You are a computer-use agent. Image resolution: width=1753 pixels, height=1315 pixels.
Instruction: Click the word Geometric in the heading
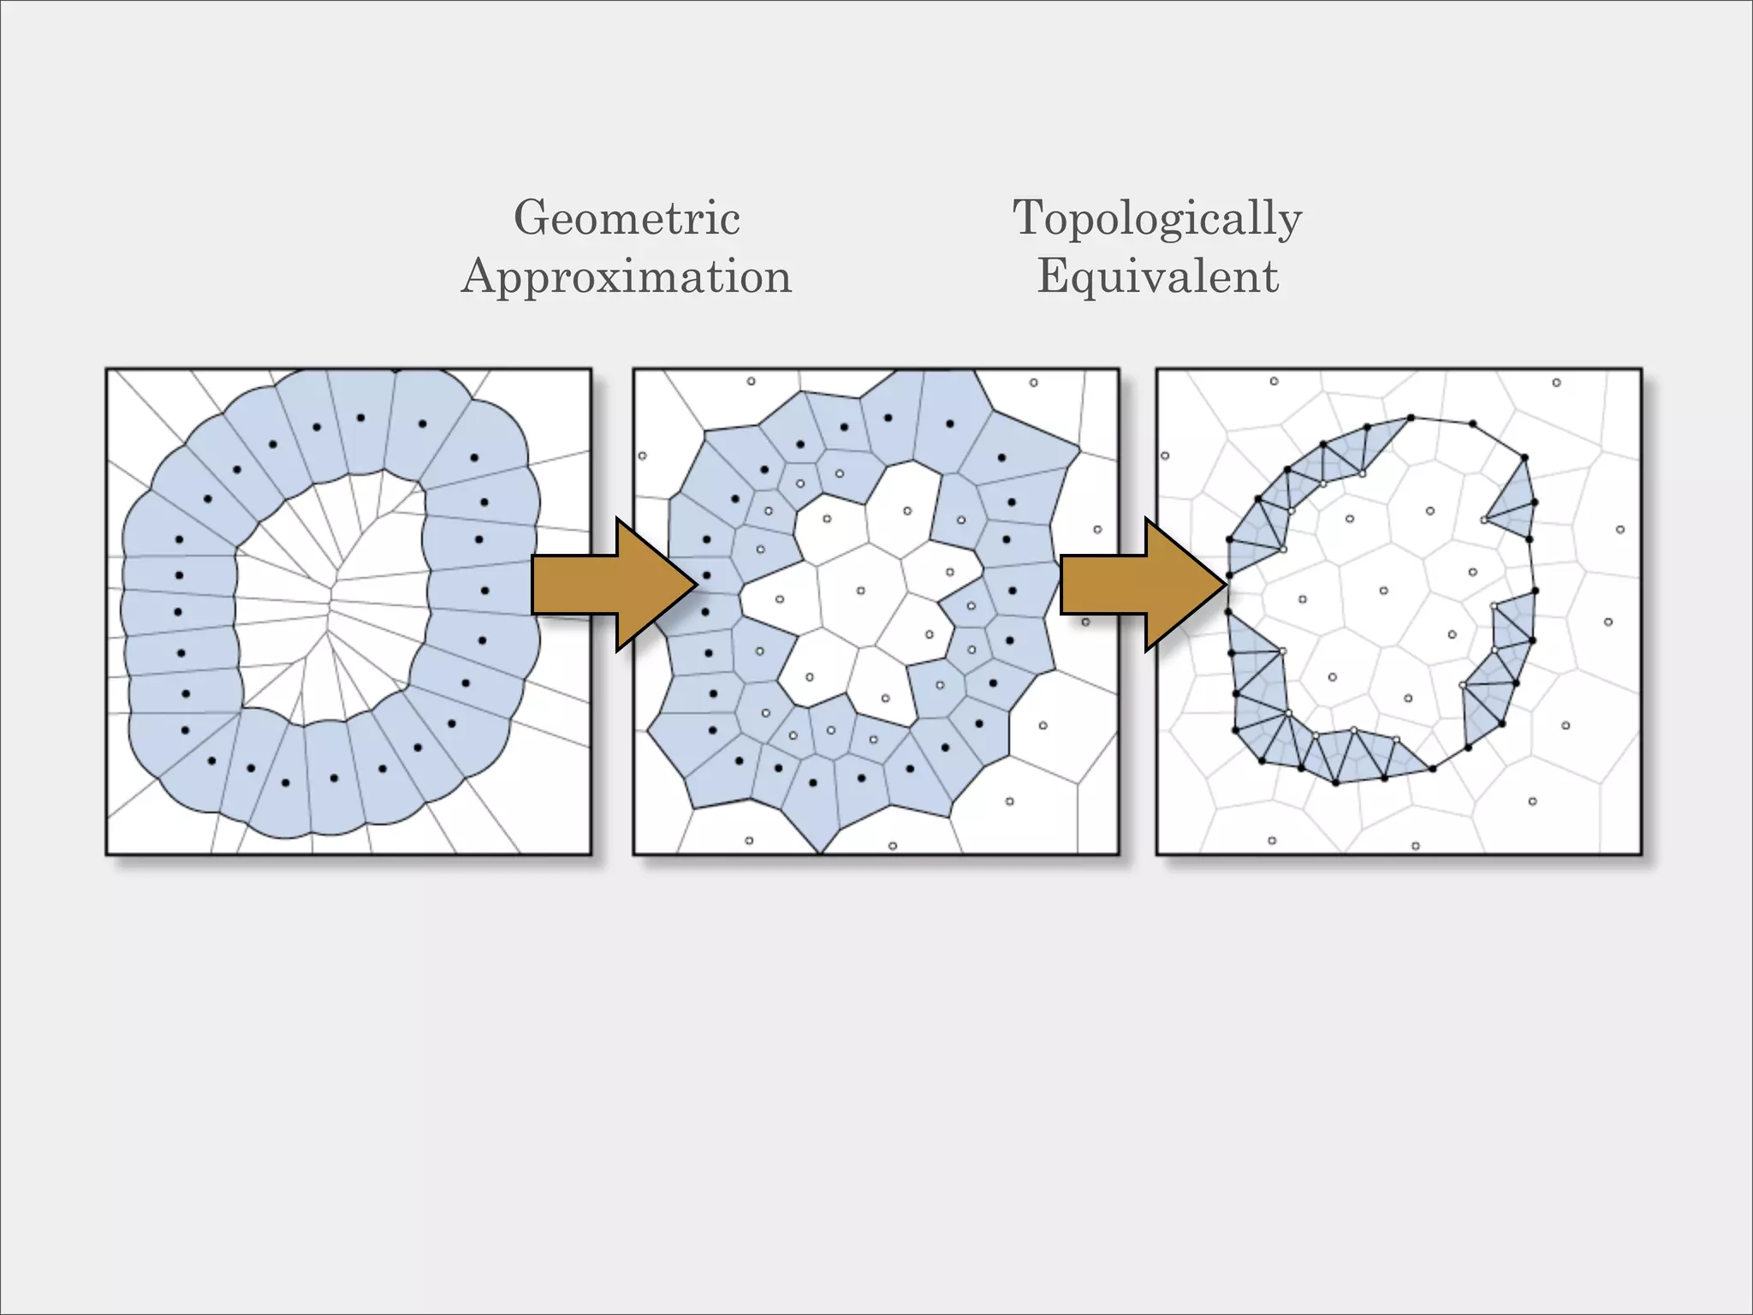pyautogui.click(x=627, y=218)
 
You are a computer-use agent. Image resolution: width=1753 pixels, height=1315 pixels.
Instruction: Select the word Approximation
pyautogui.click(x=627, y=277)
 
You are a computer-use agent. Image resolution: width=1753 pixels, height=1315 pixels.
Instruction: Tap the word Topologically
pyautogui.click(x=1157, y=218)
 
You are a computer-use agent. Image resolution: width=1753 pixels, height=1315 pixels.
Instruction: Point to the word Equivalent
pyautogui.click(x=1157, y=277)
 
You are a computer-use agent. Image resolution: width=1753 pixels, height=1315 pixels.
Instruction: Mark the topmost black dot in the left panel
pyautogui.click(x=360, y=418)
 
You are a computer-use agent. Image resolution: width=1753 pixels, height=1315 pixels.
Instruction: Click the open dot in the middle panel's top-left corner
pyautogui.click(x=751, y=381)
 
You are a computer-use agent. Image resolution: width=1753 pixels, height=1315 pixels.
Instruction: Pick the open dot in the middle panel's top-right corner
pyautogui.click(x=1033, y=383)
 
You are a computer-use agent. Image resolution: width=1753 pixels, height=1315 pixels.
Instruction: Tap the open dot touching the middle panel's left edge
pyautogui.click(x=642, y=455)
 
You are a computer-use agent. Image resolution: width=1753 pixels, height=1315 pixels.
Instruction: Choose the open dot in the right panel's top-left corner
pyautogui.click(x=1274, y=381)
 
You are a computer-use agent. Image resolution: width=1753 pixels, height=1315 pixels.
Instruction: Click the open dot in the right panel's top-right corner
pyautogui.click(x=1556, y=383)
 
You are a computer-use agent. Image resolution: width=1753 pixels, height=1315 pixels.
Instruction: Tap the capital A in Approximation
pyautogui.click(x=478, y=277)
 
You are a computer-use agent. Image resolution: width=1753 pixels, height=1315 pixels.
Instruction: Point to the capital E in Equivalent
pyautogui.click(x=1051, y=277)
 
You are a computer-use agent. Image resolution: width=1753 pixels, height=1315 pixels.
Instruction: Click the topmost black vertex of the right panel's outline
pyautogui.click(x=1411, y=418)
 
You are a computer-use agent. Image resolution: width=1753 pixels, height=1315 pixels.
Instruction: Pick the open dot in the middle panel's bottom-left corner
pyautogui.click(x=749, y=841)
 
